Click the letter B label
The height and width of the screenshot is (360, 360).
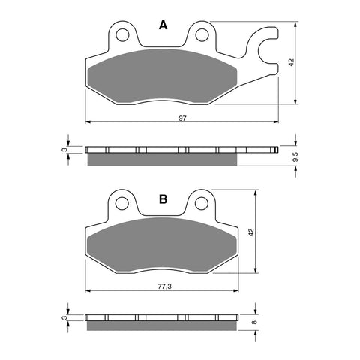(162, 199)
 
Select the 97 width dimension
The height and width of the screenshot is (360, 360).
(181, 118)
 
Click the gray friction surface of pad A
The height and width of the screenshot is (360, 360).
(162, 79)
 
